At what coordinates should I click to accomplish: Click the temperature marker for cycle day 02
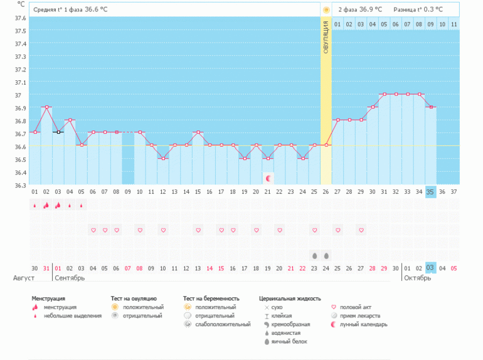pyautogui.click(x=46, y=107)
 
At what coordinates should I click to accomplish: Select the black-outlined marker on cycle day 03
pyautogui.click(x=58, y=132)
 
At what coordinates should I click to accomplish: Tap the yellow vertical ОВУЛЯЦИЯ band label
pyautogui.click(x=326, y=38)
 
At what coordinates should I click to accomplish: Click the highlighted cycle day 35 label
pyautogui.click(x=430, y=191)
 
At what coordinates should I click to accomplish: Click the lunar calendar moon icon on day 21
pyautogui.click(x=268, y=179)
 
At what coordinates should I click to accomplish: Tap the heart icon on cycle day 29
pyautogui.click(x=361, y=230)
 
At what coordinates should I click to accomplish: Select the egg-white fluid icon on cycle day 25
pyautogui.click(x=314, y=255)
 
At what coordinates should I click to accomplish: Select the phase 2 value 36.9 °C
pyautogui.click(x=373, y=9)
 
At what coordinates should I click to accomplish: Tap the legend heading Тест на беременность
pyautogui.click(x=211, y=299)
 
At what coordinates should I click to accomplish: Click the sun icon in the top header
pyautogui.click(x=326, y=9)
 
